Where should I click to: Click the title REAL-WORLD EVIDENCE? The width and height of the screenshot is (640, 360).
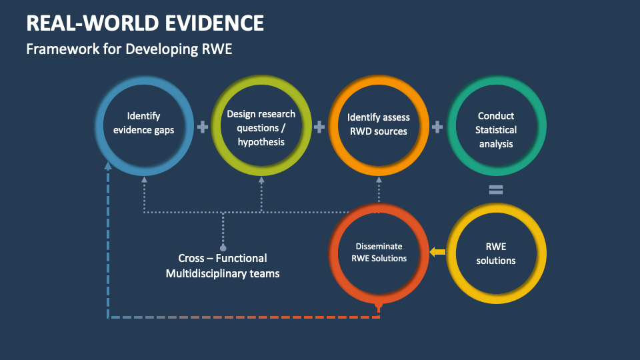click(x=145, y=23)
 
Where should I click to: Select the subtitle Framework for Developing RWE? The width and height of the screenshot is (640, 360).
click(x=129, y=49)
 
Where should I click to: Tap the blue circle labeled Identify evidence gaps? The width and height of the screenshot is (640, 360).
click(x=144, y=124)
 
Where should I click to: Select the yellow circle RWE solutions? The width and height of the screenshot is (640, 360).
click(x=495, y=253)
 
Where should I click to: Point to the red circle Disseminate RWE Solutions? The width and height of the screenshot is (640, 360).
click(x=377, y=253)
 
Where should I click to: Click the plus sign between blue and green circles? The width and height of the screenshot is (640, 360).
click(x=203, y=126)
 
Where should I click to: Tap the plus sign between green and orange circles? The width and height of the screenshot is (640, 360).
click(x=319, y=126)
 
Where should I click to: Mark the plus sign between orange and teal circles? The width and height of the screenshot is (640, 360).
click(x=437, y=126)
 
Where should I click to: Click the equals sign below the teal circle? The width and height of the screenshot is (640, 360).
click(x=495, y=190)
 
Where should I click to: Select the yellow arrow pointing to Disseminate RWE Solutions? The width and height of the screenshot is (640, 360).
click(x=437, y=252)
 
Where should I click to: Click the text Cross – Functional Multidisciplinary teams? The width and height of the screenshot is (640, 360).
click(x=223, y=265)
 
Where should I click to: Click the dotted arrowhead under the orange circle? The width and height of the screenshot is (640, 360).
click(x=378, y=179)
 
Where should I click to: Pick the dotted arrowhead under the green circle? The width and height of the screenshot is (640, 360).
click(x=261, y=179)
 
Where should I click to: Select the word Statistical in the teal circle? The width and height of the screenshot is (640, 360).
click(x=496, y=129)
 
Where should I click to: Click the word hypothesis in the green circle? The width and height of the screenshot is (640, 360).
click(x=261, y=141)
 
